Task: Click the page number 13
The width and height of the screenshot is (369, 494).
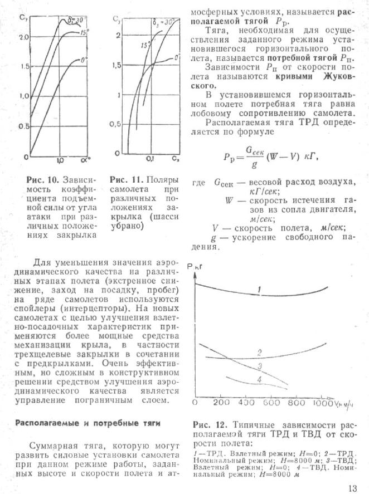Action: click(352, 488)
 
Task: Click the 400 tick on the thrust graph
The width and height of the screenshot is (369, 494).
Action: click(246, 402)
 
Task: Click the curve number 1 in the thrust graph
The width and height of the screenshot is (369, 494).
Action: click(259, 288)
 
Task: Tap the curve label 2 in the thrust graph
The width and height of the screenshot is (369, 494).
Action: click(259, 353)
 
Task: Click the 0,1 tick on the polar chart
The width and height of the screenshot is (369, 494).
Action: click(150, 160)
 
